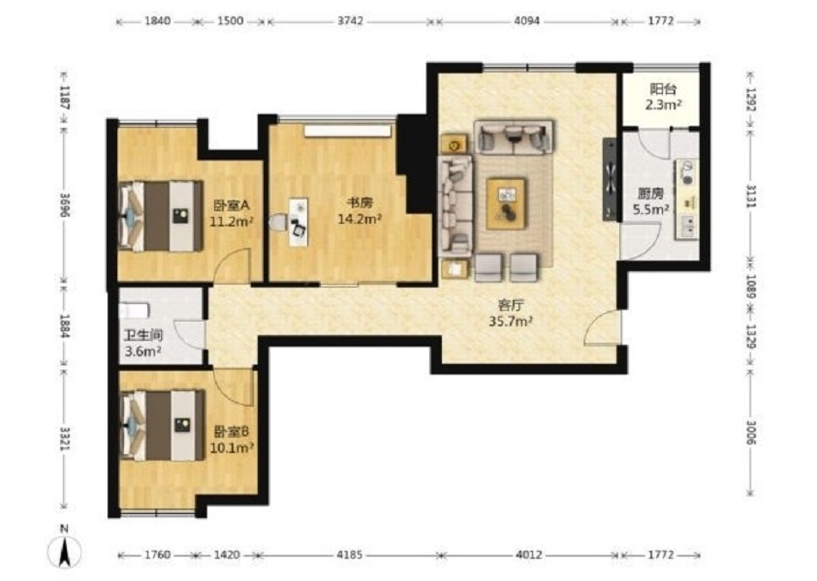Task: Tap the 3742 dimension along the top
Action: (x=350, y=21)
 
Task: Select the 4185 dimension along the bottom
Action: (x=349, y=555)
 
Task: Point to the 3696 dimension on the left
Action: (x=65, y=205)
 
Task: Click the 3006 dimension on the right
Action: (x=751, y=432)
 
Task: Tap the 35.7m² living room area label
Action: (x=510, y=321)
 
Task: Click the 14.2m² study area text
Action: (x=360, y=219)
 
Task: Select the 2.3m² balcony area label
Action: (x=664, y=106)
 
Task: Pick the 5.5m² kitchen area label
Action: (x=650, y=210)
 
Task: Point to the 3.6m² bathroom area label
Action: (x=142, y=352)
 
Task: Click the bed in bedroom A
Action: (x=161, y=216)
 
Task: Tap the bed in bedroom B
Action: (x=162, y=425)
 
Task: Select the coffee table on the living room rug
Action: (x=506, y=203)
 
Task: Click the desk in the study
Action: (x=299, y=221)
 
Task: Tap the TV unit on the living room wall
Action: (x=610, y=179)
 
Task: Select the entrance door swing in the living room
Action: (x=604, y=327)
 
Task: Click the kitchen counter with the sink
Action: (x=687, y=199)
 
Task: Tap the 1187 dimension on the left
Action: (x=65, y=97)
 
